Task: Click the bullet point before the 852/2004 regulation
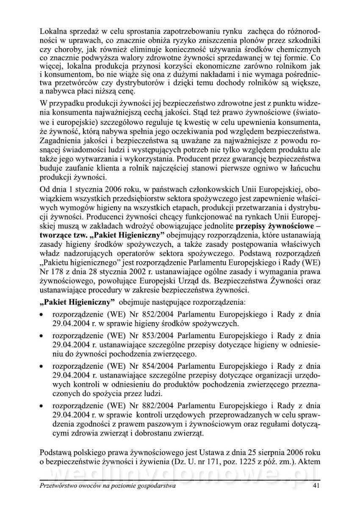[x=41, y=315]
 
